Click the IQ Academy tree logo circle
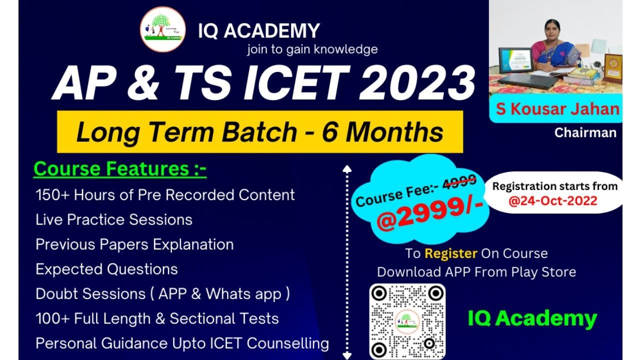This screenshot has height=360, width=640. point(163,29)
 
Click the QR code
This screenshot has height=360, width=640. point(407,321)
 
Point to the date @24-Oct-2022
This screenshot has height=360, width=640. point(553,201)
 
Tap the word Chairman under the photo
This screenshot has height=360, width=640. point(585,132)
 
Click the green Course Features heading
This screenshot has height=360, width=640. point(120,169)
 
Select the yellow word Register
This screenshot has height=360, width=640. point(450,253)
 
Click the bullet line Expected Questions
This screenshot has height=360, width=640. point(106,269)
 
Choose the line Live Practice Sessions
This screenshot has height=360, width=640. point(114,219)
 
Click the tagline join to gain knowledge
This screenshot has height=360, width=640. point(312,49)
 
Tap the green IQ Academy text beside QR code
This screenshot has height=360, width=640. point(532,318)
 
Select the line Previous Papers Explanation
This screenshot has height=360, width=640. point(134,244)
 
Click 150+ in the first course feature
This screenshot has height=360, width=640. point(52,194)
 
